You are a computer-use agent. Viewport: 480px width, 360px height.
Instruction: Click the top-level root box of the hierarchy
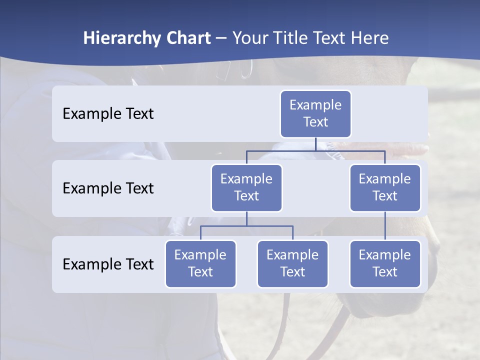[315, 114]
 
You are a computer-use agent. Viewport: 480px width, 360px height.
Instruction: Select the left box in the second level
[246, 188]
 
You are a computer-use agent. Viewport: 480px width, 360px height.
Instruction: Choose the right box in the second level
[385, 188]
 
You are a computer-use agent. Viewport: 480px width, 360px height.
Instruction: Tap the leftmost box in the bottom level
[200, 264]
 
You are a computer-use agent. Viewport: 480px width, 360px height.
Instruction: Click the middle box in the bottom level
[292, 264]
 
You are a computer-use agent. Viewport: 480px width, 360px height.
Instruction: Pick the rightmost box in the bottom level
[385, 264]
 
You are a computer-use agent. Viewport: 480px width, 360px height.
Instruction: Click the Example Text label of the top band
[108, 114]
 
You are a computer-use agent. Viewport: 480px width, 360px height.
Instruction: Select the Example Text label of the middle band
[108, 188]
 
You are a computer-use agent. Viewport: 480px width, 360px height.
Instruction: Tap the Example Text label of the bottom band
[108, 264]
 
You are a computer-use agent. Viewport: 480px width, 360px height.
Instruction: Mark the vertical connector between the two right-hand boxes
[385, 226]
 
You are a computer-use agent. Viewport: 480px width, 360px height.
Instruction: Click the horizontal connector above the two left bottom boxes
[246, 226]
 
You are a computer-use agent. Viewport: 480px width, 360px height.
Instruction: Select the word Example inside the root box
[315, 105]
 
